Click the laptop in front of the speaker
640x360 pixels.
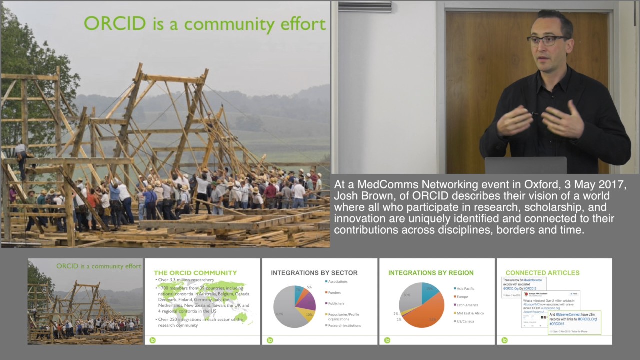coord(525,165)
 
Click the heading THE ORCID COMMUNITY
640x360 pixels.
coord(195,273)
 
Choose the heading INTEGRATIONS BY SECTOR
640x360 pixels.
coord(314,273)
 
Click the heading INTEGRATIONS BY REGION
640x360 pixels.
coord(431,273)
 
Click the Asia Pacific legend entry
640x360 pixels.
coord(465,288)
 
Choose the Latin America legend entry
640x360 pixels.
coord(467,305)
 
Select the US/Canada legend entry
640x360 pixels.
coord(465,321)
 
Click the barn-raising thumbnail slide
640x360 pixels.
coord(85,301)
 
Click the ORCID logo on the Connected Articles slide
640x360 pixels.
coord(504,340)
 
